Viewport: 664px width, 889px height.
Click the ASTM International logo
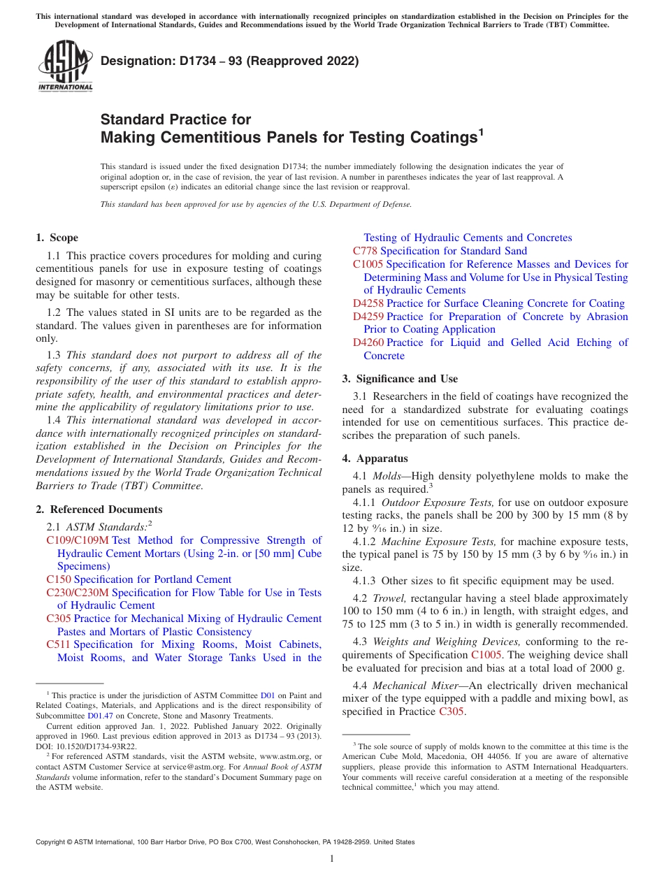65,66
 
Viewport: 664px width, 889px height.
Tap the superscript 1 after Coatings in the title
480,131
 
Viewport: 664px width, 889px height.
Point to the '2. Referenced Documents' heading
99,509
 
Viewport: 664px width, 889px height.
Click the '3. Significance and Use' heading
400,379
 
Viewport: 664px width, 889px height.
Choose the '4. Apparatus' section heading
375,458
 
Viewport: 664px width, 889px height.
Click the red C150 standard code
59,579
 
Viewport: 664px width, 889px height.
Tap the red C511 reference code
58,644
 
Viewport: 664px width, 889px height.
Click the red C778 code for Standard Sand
365,251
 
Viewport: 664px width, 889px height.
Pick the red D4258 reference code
368,303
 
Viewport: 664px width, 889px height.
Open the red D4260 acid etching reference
368,342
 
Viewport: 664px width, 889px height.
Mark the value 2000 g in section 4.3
607,667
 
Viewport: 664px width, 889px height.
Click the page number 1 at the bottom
332,859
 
